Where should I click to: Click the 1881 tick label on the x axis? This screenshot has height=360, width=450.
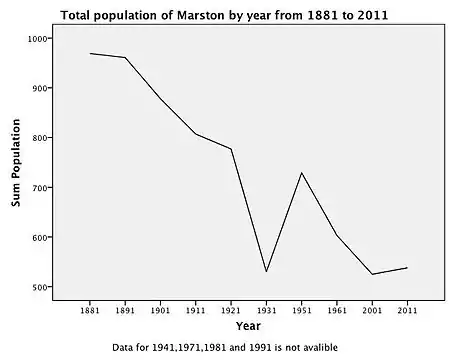coord(90,310)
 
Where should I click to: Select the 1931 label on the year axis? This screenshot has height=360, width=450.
coord(266,310)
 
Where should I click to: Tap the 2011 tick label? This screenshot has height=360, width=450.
coord(407,310)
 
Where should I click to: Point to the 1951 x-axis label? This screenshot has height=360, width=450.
coord(302,310)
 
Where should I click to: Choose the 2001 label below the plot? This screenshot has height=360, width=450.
coord(372,310)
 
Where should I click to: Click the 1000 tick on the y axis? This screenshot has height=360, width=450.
coord(38,39)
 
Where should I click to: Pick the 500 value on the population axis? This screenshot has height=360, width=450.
coord(40,287)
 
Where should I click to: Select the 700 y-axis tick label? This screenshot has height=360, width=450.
coord(40,188)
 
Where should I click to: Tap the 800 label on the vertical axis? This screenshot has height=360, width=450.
coord(40,138)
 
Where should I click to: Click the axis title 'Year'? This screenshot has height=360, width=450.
coord(248,326)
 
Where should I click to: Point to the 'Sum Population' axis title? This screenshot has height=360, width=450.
coord(16,163)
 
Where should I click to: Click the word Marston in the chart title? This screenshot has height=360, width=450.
coord(201,15)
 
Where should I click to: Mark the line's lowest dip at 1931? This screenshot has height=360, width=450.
coord(266,272)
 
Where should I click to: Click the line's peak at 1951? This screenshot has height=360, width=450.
coord(302,173)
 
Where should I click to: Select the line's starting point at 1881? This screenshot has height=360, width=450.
coord(90,53)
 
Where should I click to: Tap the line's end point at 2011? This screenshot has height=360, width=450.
coord(407,268)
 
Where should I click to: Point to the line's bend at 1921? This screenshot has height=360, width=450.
coord(231,149)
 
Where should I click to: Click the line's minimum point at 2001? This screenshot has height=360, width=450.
coord(372,274)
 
